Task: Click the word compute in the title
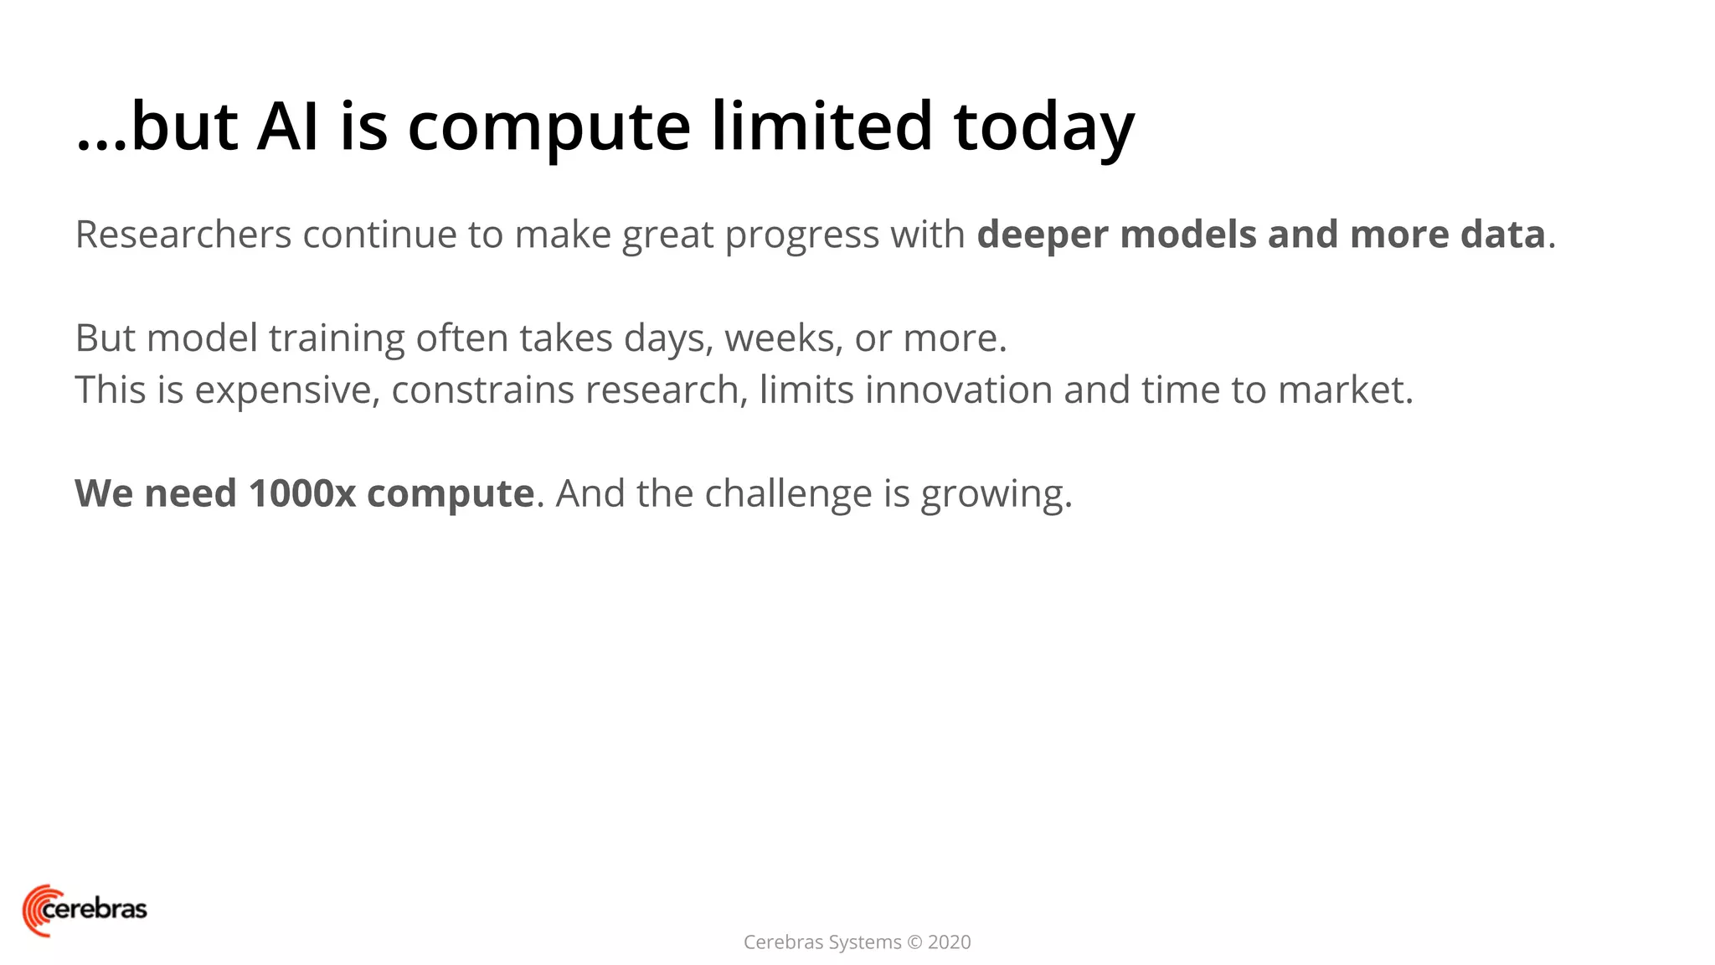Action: tap(548, 127)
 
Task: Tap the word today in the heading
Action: tap(1043, 127)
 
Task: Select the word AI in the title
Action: tap(287, 127)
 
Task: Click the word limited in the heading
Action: tap(821, 127)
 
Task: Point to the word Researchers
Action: tap(183, 235)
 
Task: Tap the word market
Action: tap(1344, 390)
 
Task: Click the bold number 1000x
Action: tap(302, 493)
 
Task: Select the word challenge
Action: tap(788, 494)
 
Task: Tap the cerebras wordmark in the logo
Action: tap(95, 909)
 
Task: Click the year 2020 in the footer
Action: tap(949, 942)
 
